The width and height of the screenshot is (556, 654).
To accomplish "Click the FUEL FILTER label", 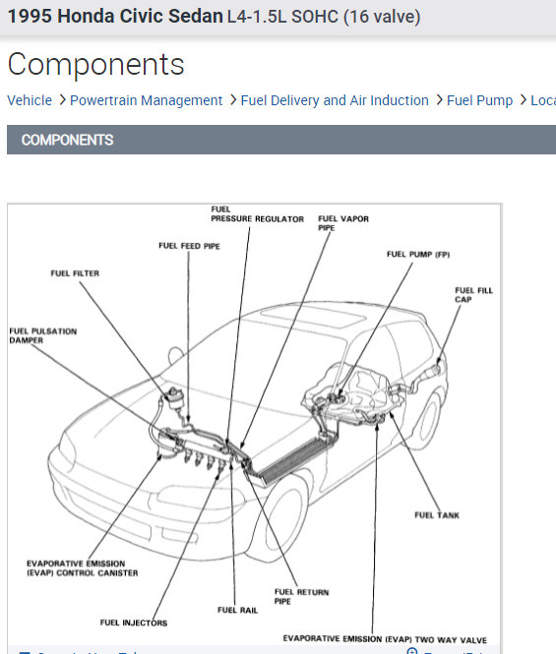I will coord(75,273).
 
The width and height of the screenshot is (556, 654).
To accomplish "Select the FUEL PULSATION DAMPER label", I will coord(42,335).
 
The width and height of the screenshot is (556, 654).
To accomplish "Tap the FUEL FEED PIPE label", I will coord(189,246).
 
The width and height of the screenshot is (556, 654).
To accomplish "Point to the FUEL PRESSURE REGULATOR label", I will coord(257,213).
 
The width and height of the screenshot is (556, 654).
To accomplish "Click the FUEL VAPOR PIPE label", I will coord(342,223).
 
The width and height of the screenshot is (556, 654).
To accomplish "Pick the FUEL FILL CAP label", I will coord(473,295).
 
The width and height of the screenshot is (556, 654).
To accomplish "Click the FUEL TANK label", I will coord(437,514).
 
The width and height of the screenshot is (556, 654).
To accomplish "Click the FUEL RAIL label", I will coord(237,610).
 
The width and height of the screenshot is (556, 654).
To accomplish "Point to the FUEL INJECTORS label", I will coord(134,623).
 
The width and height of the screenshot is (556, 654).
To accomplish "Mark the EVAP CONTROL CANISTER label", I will coord(82,568).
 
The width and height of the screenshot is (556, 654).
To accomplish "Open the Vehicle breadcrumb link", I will coord(30,100).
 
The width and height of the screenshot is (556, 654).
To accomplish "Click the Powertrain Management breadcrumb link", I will coord(146,100).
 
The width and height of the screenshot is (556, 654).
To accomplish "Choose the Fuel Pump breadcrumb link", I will coord(479,100).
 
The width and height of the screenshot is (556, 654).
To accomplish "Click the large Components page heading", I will coord(95,64).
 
